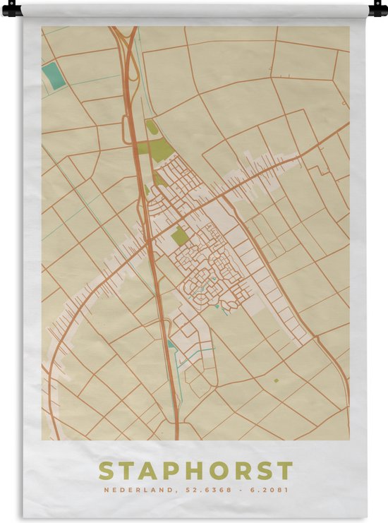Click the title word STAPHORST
pyautogui.click(x=195, y=471)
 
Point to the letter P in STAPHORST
pyautogui.click(x=169, y=471)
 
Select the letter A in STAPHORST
pyautogui.click(x=146, y=471)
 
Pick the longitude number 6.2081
pyautogui.click(x=272, y=490)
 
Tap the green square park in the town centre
pyautogui.click(x=181, y=237)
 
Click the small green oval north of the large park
pyautogui.click(x=152, y=127)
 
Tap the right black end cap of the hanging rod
pyautogui.click(x=378, y=10)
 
